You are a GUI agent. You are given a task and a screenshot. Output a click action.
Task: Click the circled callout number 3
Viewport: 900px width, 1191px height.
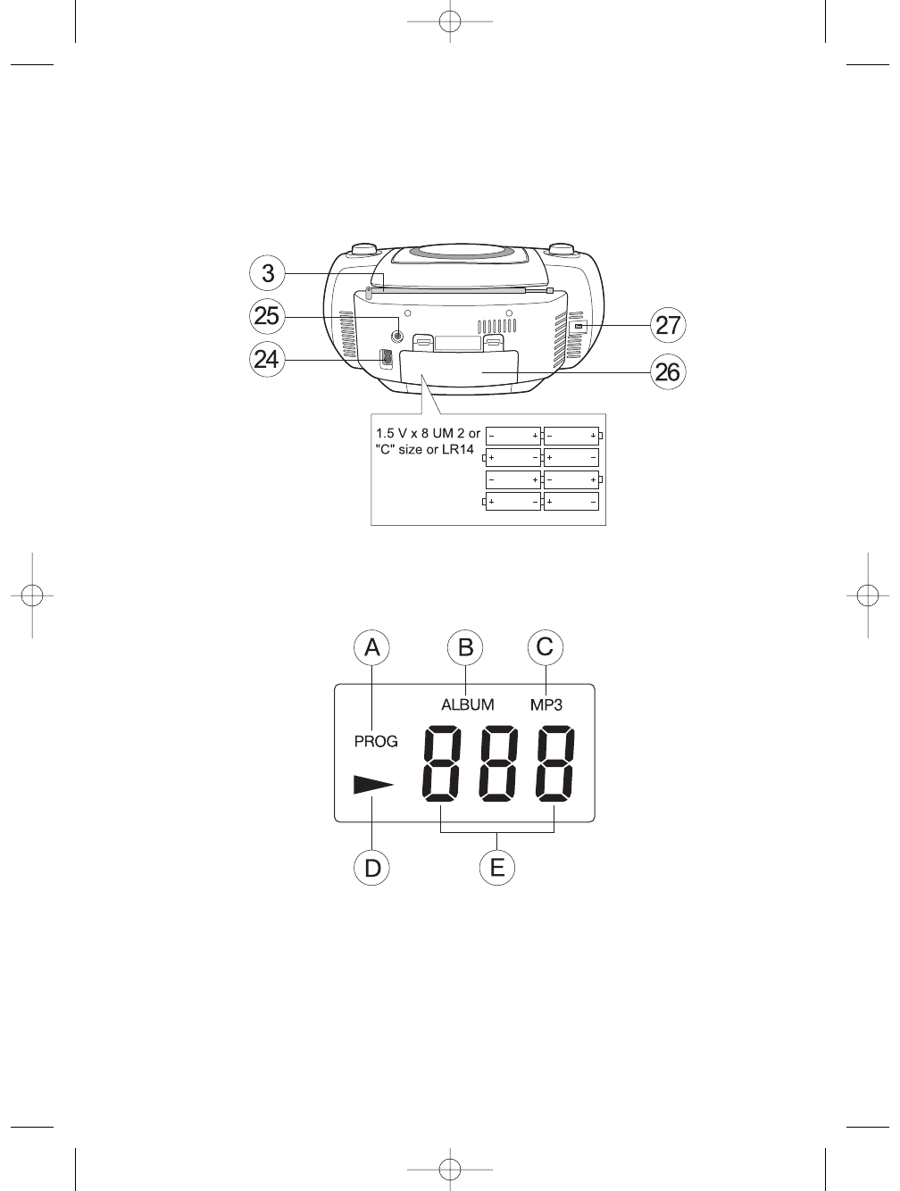coord(268,273)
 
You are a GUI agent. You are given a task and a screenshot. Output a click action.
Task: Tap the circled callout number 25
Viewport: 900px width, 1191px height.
coord(267,316)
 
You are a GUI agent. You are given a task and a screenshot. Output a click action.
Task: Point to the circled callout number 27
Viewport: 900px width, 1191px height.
coord(668,326)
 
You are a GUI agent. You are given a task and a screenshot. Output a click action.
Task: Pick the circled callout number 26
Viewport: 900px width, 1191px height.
coord(668,372)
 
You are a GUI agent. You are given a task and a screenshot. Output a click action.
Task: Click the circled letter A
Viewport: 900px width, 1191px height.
coord(371,647)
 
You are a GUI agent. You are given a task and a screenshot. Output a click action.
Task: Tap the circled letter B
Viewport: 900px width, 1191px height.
coord(465,647)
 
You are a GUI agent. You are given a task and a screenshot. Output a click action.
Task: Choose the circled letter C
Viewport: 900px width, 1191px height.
coord(546,647)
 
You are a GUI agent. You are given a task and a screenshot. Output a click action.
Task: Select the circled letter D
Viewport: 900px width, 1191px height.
coord(371,868)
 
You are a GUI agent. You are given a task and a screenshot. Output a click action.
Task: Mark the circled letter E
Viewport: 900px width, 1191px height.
coord(497,868)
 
